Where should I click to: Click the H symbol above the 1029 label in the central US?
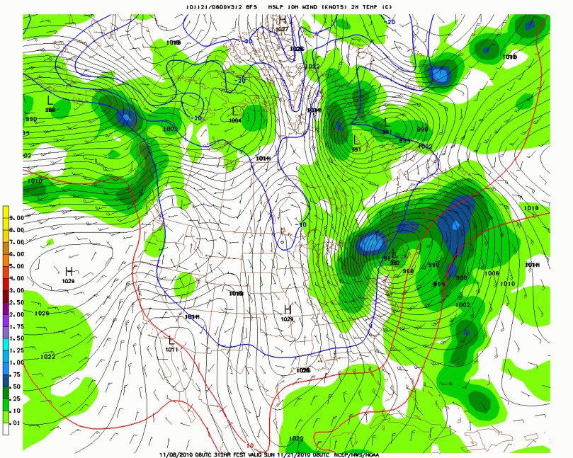pyautogui.click(x=288, y=309)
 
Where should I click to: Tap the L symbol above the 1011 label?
pyautogui.click(x=171, y=340)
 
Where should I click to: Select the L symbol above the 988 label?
pyautogui.click(x=50, y=101)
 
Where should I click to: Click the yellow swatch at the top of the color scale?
pyautogui.click(x=6, y=212)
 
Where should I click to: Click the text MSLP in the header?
pyautogui.click(x=278, y=6)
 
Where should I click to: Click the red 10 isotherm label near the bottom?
pyautogui.click(x=249, y=446)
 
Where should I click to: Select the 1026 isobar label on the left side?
pyautogui.click(x=41, y=313)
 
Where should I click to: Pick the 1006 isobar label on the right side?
pyautogui.click(x=492, y=273)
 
